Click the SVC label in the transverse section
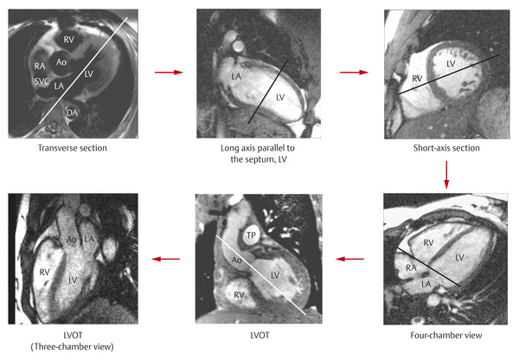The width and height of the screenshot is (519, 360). pos(42,81)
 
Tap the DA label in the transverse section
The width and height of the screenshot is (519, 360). pos(72,113)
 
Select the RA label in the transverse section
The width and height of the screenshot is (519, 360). pos(40,67)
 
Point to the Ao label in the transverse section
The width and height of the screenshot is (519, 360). pos(61,62)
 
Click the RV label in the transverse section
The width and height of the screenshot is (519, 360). pos(69,40)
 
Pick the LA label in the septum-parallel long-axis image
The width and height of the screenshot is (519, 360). pos(236,76)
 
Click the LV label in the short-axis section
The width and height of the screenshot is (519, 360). pos(451,63)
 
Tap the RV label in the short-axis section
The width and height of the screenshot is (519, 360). pos(417,79)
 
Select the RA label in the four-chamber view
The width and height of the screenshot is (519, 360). pos(411,267)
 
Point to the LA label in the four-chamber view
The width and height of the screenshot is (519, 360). pos(426,284)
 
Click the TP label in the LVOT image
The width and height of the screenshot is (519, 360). pos(251,235)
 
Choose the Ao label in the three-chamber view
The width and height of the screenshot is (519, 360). pos(72,239)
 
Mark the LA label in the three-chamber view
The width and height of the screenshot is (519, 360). pos(89,239)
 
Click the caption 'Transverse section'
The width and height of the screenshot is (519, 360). pos(73,148)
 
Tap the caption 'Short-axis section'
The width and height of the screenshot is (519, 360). pos(446,148)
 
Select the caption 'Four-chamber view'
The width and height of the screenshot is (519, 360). pos(446,336)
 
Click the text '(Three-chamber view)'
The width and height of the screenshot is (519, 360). pos(72,347)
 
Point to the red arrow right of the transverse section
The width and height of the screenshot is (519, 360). pos(169,72)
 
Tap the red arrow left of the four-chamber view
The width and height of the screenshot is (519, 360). pos(349,259)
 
